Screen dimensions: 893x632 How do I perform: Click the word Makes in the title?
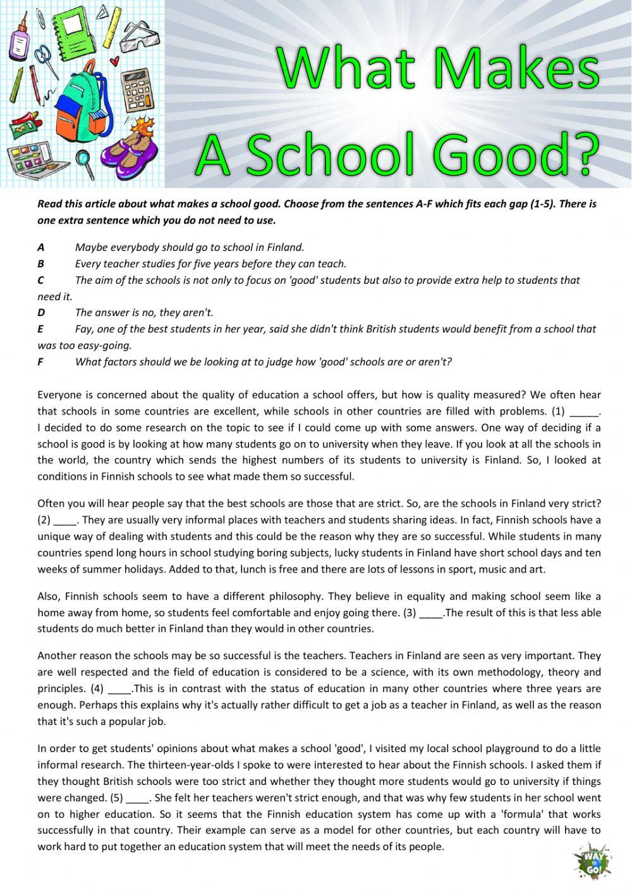[x=513, y=70]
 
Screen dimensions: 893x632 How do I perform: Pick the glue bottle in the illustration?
[x=20, y=35]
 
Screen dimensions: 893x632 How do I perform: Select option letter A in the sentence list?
[x=41, y=248]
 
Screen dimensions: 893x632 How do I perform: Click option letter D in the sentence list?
[x=41, y=313]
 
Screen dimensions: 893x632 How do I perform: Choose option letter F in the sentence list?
[x=40, y=362]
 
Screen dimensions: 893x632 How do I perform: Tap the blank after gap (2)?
[x=64, y=521]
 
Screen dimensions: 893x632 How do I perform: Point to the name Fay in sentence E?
[x=83, y=329]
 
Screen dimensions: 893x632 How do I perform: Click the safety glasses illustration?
[x=141, y=35]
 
